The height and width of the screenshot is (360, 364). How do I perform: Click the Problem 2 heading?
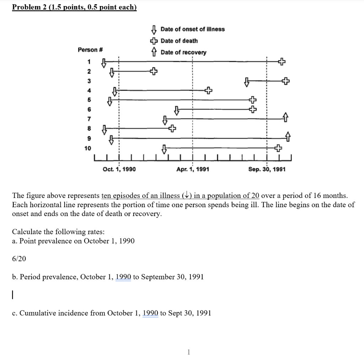[x=74, y=7]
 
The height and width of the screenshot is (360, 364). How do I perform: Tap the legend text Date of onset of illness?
[x=192, y=29]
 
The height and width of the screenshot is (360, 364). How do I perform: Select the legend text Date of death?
[x=179, y=41]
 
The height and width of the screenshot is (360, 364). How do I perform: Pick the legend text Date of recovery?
[x=183, y=53]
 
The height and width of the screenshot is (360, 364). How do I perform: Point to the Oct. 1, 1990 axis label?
[x=119, y=170]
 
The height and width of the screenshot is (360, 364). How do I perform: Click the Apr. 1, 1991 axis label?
[x=193, y=170]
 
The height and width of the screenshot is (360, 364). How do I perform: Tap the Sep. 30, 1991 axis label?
[x=267, y=170]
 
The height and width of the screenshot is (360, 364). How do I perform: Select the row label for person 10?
[x=87, y=148]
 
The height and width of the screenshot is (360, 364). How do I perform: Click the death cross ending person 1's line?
[x=282, y=61]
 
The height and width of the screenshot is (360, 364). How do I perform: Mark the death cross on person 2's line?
[x=153, y=71]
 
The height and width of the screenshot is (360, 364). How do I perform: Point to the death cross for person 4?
[x=208, y=91]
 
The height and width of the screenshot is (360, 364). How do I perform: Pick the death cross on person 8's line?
[x=172, y=128]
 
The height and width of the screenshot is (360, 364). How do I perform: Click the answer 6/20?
[x=19, y=259]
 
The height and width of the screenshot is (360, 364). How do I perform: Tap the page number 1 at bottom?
[x=188, y=352]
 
